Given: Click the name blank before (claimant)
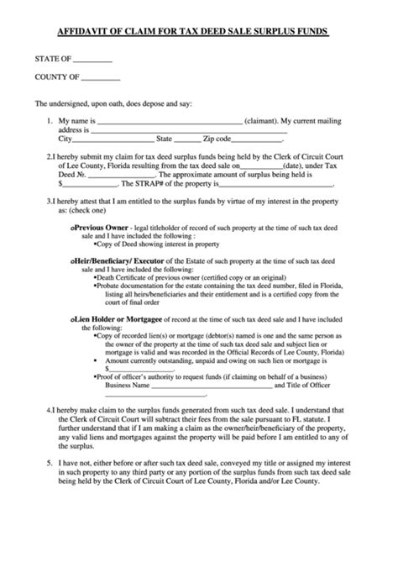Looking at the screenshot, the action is click(x=169, y=122).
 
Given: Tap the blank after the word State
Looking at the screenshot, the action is click(x=187, y=140).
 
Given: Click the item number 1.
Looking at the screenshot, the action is click(x=52, y=122).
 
